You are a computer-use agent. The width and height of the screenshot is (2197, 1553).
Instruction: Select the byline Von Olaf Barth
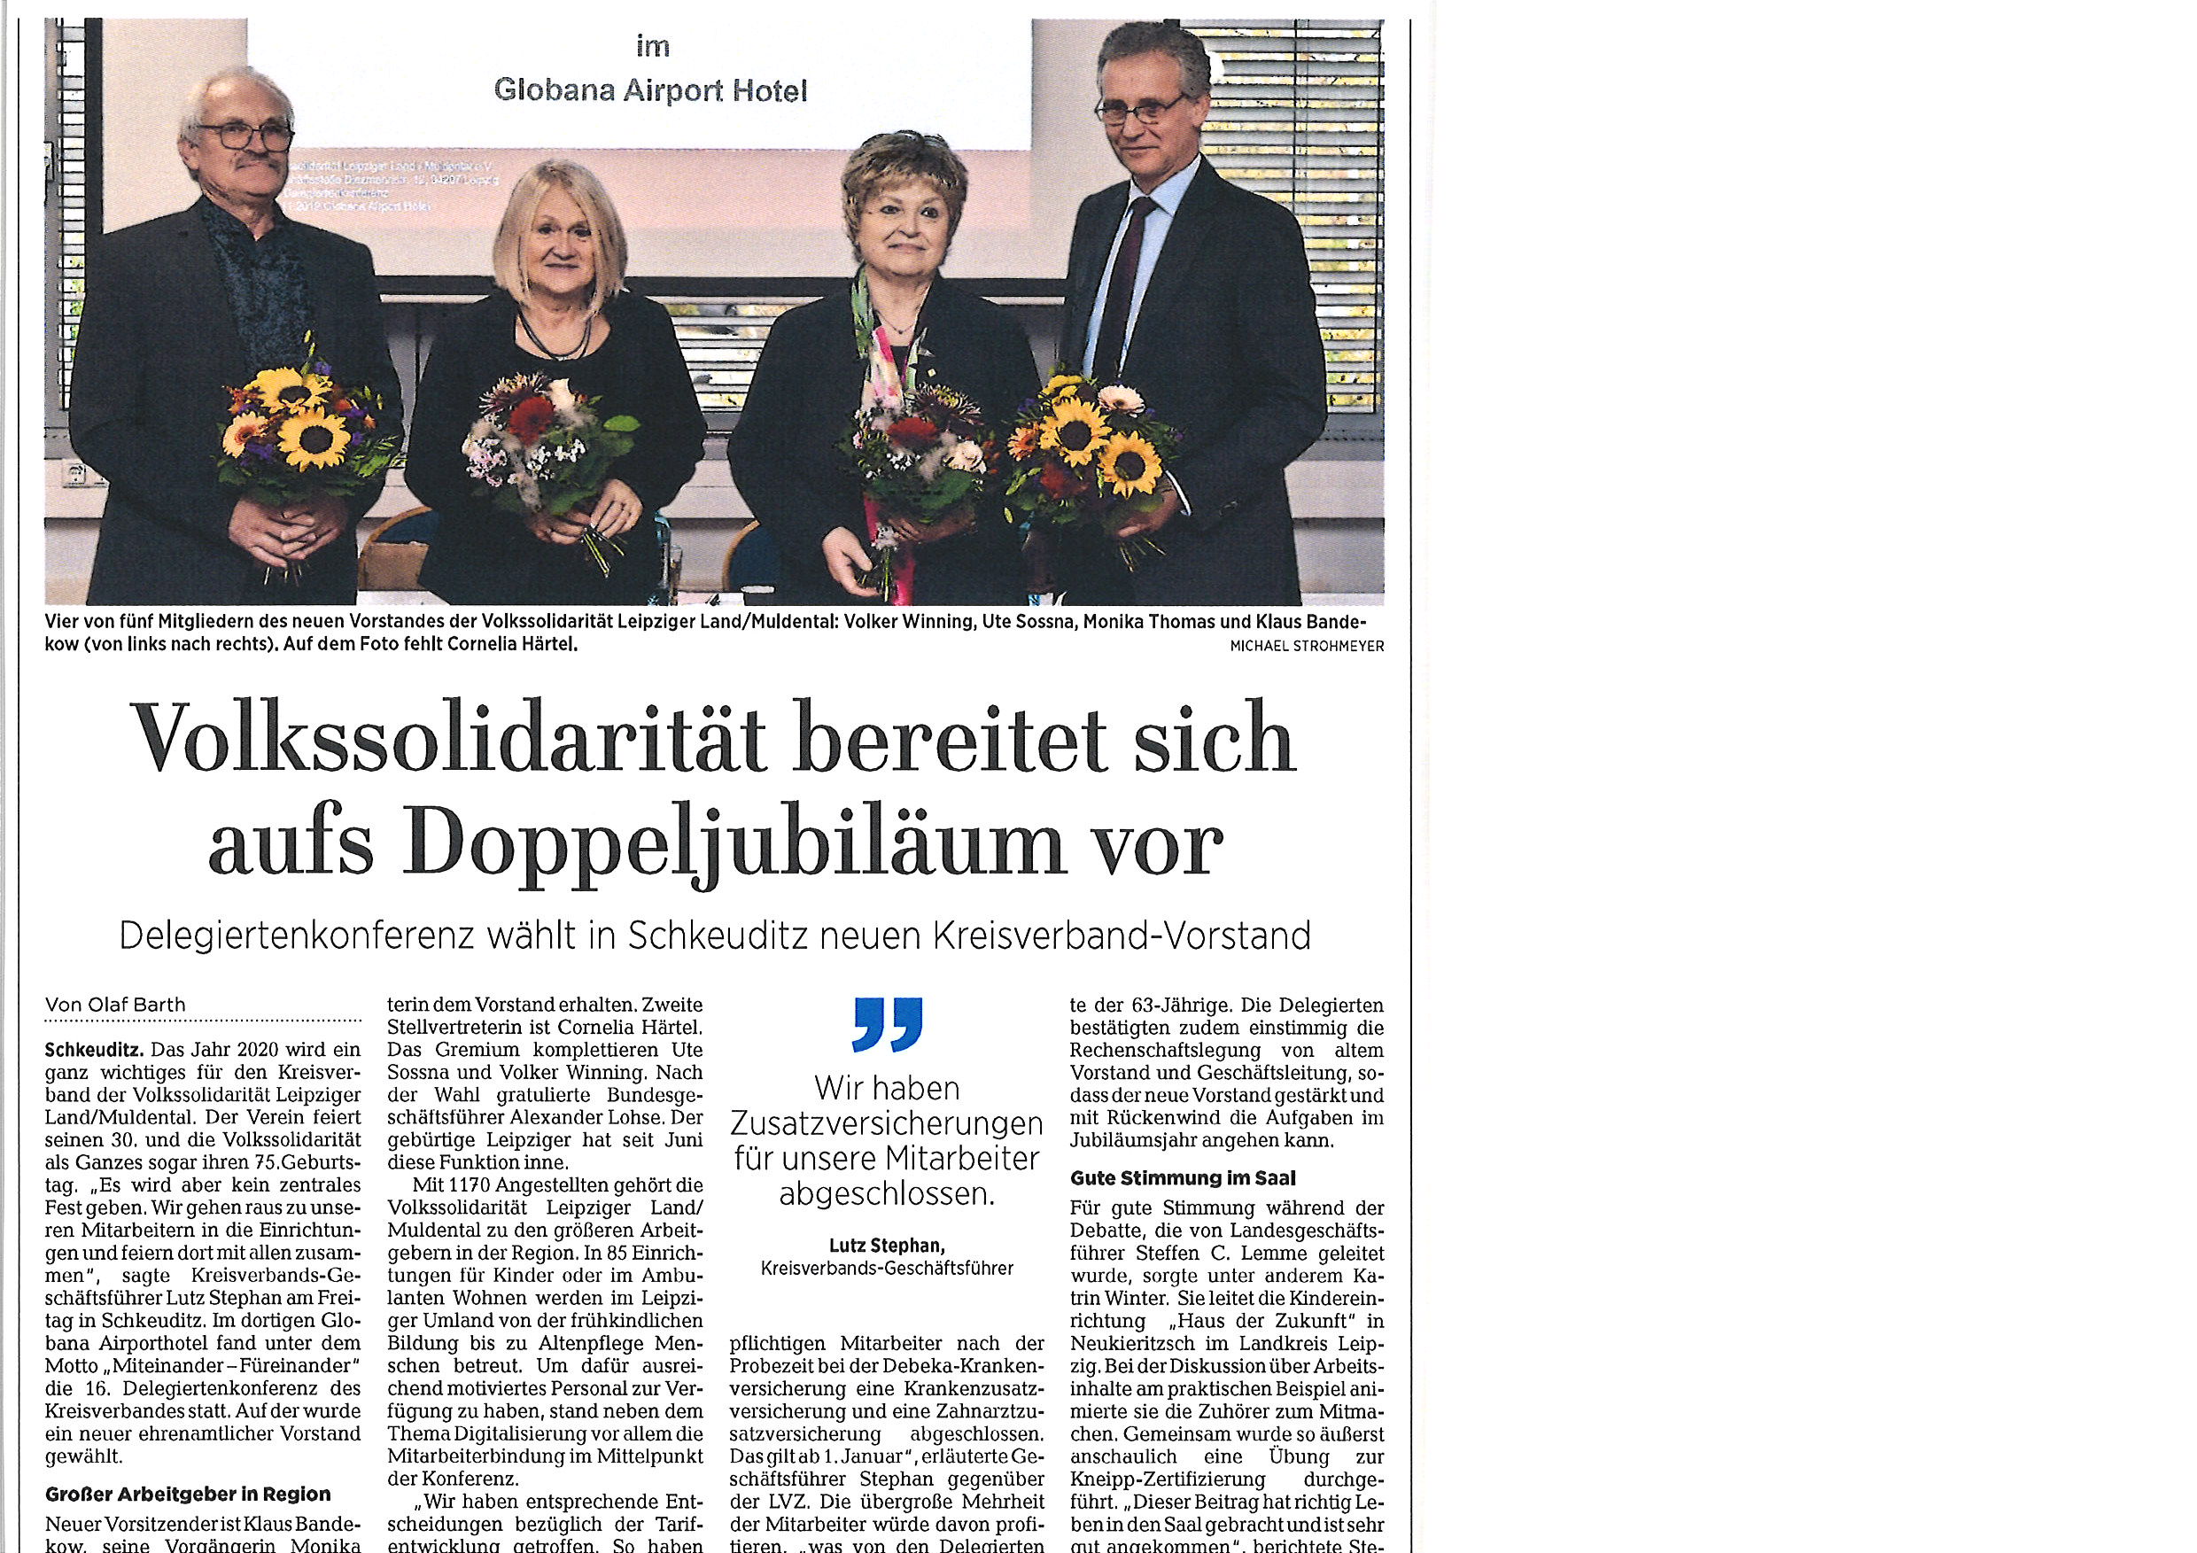[x=116, y=1005]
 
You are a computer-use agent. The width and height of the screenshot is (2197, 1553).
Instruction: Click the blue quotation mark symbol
[x=887, y=1024]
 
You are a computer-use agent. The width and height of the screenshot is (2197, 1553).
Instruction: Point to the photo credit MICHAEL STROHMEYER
[x=1306, y=647]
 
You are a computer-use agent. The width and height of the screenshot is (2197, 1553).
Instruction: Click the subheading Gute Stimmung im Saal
[x=1183, y=1178]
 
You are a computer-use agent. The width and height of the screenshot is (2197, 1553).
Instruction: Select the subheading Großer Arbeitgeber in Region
[x=188, y=1494]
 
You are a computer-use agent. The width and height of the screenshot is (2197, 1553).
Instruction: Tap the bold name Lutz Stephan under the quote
[x=886, y=1245]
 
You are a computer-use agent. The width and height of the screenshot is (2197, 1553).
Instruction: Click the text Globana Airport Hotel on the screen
[x=650, y=91]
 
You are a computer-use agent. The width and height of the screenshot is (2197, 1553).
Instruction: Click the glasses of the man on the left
[x=242, y=136]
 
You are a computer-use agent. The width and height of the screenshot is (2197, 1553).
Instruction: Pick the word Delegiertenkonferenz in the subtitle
[x=297, y=936]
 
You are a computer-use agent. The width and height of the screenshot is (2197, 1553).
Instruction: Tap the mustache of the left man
[x=252, y=164]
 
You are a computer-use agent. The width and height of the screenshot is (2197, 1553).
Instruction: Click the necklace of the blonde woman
[x=554, y=339]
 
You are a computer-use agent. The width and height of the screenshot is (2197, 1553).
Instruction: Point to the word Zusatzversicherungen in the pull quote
[x=886, y=1123]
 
